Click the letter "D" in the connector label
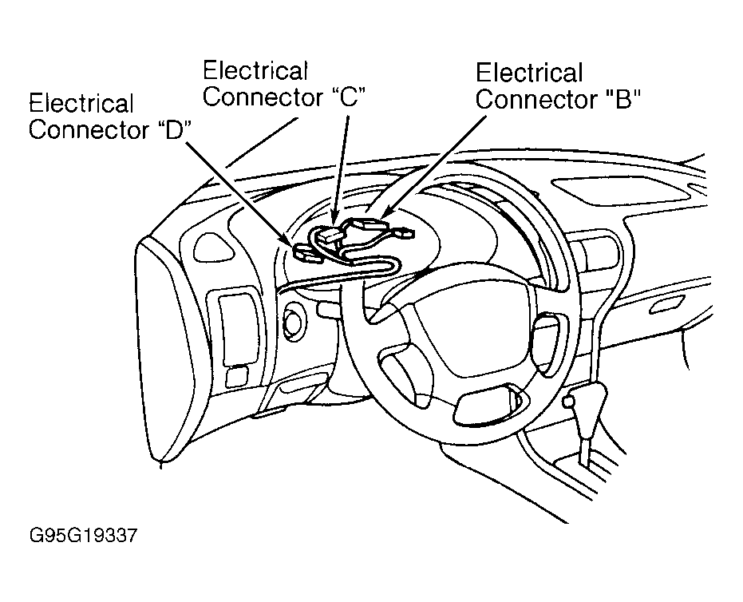click(x=173, y=130)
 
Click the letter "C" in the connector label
click(x=348, y=97)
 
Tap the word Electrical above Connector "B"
click(x=529, y=73)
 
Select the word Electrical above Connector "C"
click(x=256, y=70)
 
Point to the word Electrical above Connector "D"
click(x=81, y=103)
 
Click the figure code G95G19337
click(x=83, y=536)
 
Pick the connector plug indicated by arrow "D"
click(x=305, y=251)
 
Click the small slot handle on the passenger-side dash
click(x=666, y=305)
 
